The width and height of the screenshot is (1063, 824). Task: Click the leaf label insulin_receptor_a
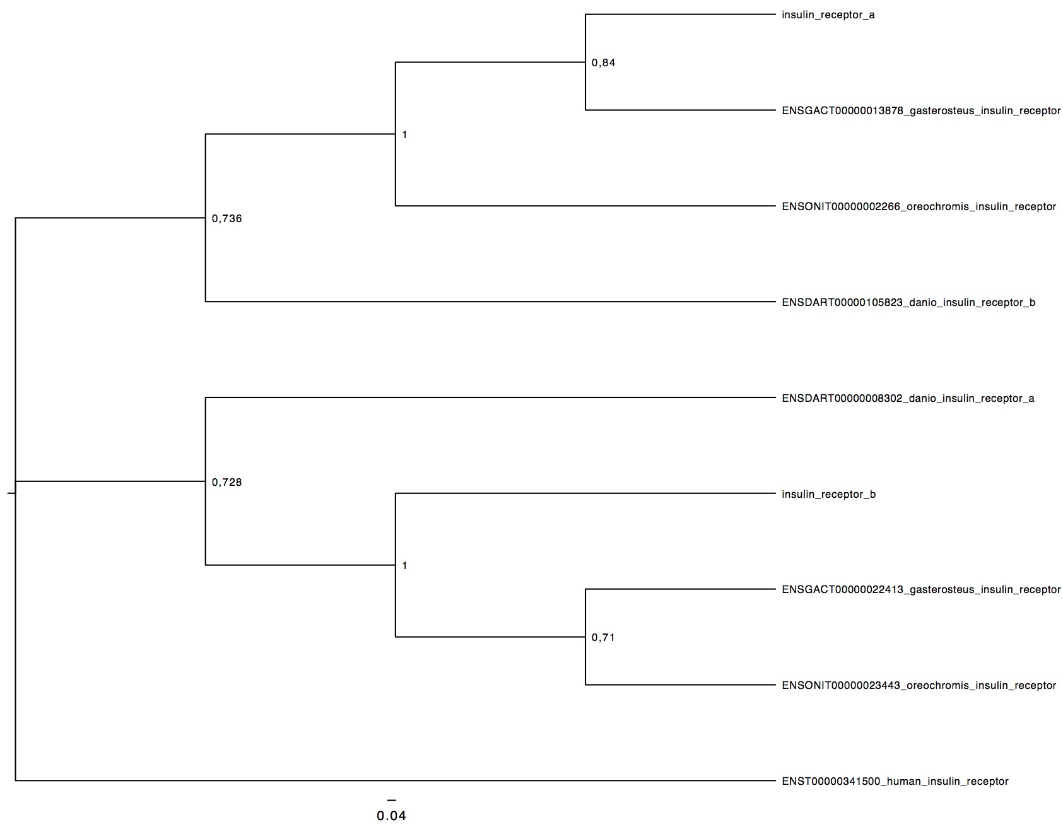[828, 15]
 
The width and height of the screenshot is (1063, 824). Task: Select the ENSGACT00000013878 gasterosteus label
[921, 111]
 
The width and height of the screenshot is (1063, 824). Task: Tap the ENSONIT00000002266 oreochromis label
[919, 207]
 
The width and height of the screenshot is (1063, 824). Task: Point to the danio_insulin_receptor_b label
[908, 303]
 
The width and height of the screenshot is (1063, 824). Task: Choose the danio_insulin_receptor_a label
[908, 399]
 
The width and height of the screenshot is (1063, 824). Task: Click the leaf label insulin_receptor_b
[828, 495]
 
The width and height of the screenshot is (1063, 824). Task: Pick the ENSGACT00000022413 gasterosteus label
[921, 590]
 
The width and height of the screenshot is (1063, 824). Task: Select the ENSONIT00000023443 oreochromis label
[919, 686]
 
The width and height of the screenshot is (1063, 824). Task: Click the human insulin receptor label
[895, 782]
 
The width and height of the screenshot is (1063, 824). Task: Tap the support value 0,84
[603, 63]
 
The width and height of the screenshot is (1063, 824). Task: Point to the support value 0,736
[226, 219]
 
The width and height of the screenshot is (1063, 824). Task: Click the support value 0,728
[226, 483]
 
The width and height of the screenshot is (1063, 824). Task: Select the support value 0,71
[603, 638]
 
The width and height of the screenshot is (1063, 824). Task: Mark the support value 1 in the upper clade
[404, 135]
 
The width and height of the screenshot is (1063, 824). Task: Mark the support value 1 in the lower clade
[404, 566]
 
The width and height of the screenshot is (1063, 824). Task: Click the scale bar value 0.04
[391, 816]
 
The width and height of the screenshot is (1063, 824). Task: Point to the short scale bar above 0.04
[391, 800]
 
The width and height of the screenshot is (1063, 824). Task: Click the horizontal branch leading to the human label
[394, 781]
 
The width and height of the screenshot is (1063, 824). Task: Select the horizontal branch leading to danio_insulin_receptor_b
[490, 302]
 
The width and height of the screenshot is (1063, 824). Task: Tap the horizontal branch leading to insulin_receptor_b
[584, 493]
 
